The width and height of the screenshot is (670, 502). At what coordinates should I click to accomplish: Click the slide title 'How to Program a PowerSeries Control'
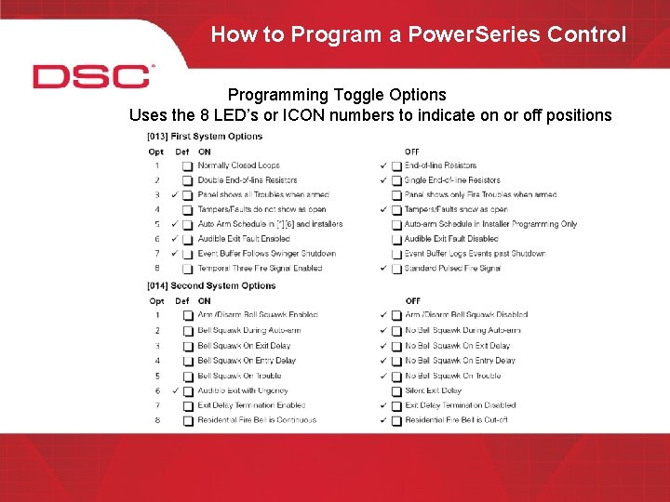click(x=418, y=34)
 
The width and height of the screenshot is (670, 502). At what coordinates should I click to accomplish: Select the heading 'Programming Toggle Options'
click(x=337, y=95)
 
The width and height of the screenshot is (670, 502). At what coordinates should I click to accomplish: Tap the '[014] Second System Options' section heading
click(x=211, y=285)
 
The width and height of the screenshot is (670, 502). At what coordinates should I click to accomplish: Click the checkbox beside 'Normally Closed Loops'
click(x=187, y=165)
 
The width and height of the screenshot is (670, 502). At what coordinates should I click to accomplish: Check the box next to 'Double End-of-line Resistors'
click(x=187, y=180)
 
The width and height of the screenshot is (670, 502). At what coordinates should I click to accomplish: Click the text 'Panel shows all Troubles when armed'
click(x=262, y=195)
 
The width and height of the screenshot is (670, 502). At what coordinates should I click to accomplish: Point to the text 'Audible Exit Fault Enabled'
click(x=243, y=239)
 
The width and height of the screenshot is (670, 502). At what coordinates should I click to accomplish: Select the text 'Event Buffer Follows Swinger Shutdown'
click(x=266, y=254)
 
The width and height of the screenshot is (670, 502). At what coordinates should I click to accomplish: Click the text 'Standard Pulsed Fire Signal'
click(x=452, y=269)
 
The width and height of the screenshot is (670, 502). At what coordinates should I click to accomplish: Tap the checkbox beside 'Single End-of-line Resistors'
click(x=396, y=180)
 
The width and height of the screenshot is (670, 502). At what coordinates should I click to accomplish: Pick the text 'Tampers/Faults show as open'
click(x=455, y=209)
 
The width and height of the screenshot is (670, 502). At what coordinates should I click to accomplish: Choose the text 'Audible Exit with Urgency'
click(x=242, y=390)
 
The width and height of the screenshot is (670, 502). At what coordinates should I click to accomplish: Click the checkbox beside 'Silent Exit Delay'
click(x=396, y=391)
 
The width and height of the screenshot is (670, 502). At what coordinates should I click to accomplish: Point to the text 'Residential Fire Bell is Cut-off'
click(x=455, y=420)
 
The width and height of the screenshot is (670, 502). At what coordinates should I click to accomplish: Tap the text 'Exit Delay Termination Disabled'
click(x=460, y=405)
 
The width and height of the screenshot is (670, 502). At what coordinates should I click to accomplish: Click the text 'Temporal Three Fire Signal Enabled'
click(x=260, y=269)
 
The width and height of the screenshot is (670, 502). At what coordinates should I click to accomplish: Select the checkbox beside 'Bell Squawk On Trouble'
click(x=187, y=376)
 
